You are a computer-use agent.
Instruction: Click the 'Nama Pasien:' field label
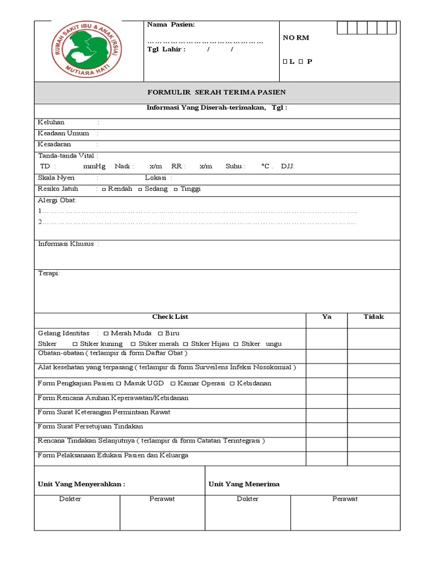click(171, 25)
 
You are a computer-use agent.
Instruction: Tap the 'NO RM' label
click(296, 38)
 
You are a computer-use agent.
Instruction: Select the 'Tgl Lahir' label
click(166, 50)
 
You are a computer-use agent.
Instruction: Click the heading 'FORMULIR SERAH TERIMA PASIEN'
click(216, 93)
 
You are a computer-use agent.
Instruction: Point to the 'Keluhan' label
click(51, 122)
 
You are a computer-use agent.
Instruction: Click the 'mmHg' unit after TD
click(94, 167)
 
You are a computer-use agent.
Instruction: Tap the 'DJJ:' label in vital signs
click(288, 167)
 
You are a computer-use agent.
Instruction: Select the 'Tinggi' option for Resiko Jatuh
click(176, 190)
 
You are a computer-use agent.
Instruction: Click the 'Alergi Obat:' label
click(57, 200)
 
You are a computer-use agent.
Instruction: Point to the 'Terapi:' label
click(49, 274)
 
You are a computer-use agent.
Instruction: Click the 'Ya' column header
click(327, 317)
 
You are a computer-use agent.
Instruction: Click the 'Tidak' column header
click(374, 317)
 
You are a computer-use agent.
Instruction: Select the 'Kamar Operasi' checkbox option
click(172, 384)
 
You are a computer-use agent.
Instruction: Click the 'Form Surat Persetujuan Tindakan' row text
click(90, 426)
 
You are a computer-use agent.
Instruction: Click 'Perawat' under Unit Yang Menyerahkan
click(162, 499)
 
